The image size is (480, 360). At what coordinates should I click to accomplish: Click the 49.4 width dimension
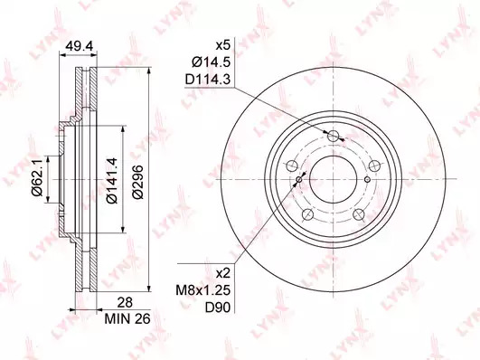coord(79,46)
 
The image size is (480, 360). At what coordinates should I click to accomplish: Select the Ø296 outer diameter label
coord(138,183)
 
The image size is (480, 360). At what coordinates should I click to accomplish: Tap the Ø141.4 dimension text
coord(112,180)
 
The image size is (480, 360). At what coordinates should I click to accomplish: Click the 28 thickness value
coord(126,302)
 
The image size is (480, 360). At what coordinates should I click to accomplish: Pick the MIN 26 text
coord(127,319)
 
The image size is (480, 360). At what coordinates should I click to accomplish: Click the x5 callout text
coord(223,46)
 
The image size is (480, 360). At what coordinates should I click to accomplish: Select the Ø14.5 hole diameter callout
coord(211,63)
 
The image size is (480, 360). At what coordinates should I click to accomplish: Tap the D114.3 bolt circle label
coord(208,81)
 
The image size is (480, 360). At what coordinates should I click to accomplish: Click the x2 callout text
coord(223,273)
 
